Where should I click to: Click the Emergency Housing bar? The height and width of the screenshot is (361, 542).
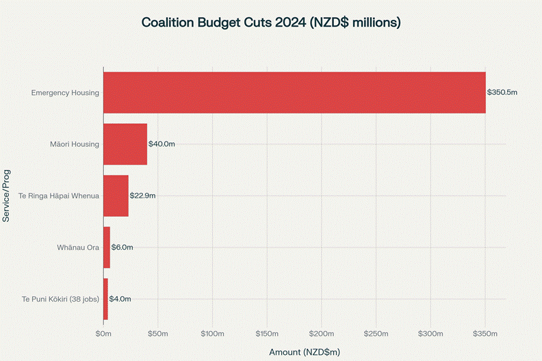(x=294, y=92)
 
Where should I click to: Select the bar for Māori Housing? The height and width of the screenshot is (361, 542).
(x=125, y=144)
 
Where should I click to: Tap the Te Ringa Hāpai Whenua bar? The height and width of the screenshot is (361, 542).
(x=116, y=196)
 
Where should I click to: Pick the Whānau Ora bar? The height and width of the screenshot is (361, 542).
(x=107, y=248)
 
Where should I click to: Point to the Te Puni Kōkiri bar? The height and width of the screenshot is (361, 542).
(x=105, y=299)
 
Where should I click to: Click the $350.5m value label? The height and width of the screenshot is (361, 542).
(x=502, y=92)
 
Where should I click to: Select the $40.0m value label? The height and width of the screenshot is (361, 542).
(x=162, y=144)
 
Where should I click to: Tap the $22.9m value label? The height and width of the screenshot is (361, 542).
(x=143, y=196)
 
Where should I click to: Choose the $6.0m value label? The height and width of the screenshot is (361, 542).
(x=122, y=248)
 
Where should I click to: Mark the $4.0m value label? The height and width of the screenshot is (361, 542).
(x=120, y=299)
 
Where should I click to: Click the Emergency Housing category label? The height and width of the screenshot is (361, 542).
(x=66, y=92)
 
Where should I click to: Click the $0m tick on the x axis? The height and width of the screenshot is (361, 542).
(x=103, y=333)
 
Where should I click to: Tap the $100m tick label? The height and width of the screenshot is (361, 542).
(x=212, y=333)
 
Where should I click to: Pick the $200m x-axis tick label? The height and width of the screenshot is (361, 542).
(x=321, y=333)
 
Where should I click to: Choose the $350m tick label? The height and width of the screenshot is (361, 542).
(x=485, y=333)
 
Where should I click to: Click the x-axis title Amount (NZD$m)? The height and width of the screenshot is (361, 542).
(x=305, y=351)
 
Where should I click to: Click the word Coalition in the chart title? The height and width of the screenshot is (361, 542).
(x=168, y=23)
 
